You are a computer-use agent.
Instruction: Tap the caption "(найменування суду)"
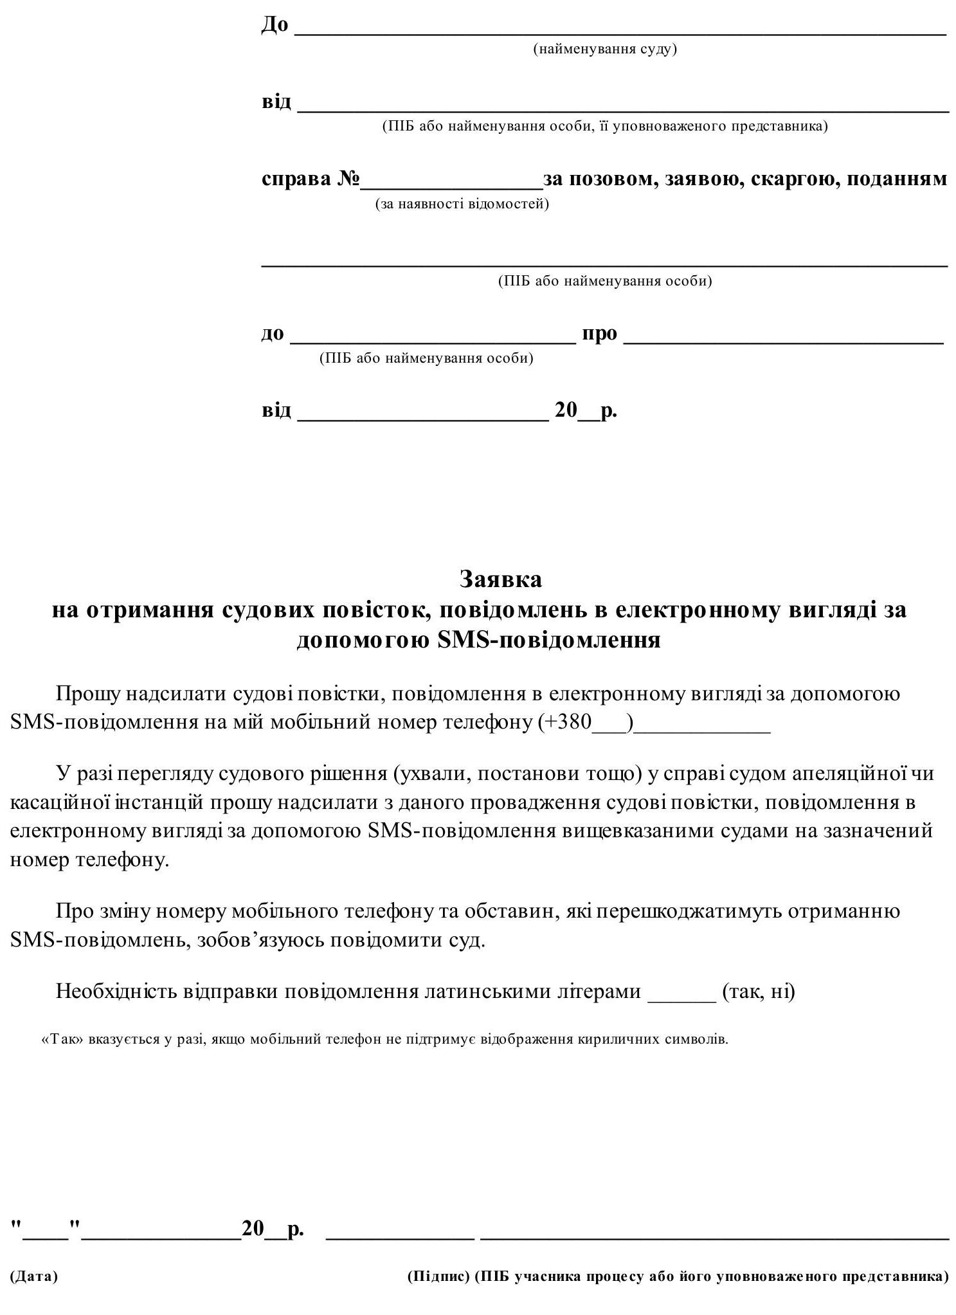tap(605, 50)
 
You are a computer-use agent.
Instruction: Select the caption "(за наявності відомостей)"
tap(462, 204)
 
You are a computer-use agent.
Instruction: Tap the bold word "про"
tap(599, 334)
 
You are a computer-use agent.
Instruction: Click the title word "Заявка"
tap(500, 579)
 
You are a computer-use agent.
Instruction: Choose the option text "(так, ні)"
tap(759, 992)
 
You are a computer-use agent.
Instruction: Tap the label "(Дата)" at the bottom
tap(33, 1276)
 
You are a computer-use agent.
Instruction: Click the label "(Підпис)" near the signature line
tap(438, 1276)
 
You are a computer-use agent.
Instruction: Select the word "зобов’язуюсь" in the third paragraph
tap(260, 940)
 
